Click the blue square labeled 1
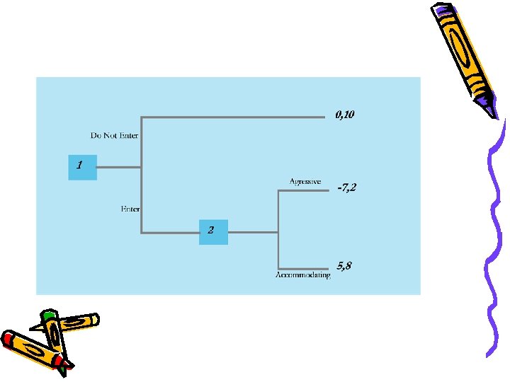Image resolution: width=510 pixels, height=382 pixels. [82, 166]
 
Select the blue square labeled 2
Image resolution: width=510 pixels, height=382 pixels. [213, 231]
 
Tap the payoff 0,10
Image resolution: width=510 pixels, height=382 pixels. [345, 114]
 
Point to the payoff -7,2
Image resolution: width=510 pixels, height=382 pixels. [347, 187]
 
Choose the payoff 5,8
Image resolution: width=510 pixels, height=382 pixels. [344, 266]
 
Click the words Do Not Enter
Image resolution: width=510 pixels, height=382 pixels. [114, 135]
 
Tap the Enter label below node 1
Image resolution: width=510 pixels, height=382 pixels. [130, 209]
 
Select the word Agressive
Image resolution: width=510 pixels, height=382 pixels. [305, 182]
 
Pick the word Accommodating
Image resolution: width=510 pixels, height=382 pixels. [302, 275]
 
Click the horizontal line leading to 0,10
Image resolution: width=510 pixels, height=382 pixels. [234, 117]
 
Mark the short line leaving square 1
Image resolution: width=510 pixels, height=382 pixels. [119, 168]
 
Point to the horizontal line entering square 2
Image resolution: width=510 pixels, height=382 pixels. [170, 232]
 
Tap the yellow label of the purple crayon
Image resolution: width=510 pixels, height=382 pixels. [465, 50]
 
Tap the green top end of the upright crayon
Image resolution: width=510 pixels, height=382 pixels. [48, 315]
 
